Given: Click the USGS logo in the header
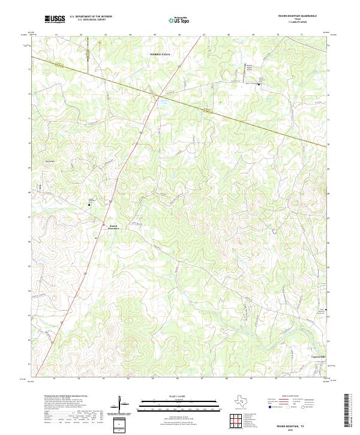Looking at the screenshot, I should [x=55, y=20].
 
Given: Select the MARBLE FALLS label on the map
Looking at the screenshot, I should [x=160, y=54].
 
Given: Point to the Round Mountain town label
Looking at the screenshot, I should [x=114, y=227].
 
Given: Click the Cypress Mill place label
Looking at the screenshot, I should [x=317, y=356].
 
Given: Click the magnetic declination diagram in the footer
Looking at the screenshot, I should [x=124, y=405].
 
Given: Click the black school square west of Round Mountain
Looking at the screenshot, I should [x=90, y=205].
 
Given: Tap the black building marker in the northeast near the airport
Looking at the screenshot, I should [x=259, y=83].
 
